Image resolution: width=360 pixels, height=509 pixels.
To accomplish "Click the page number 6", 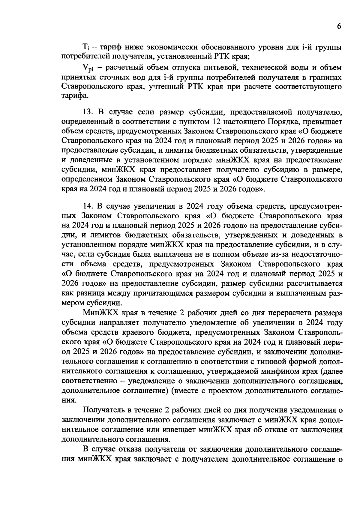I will tap(339, 26).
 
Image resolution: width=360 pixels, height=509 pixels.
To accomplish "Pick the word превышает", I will tap(320, 122).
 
